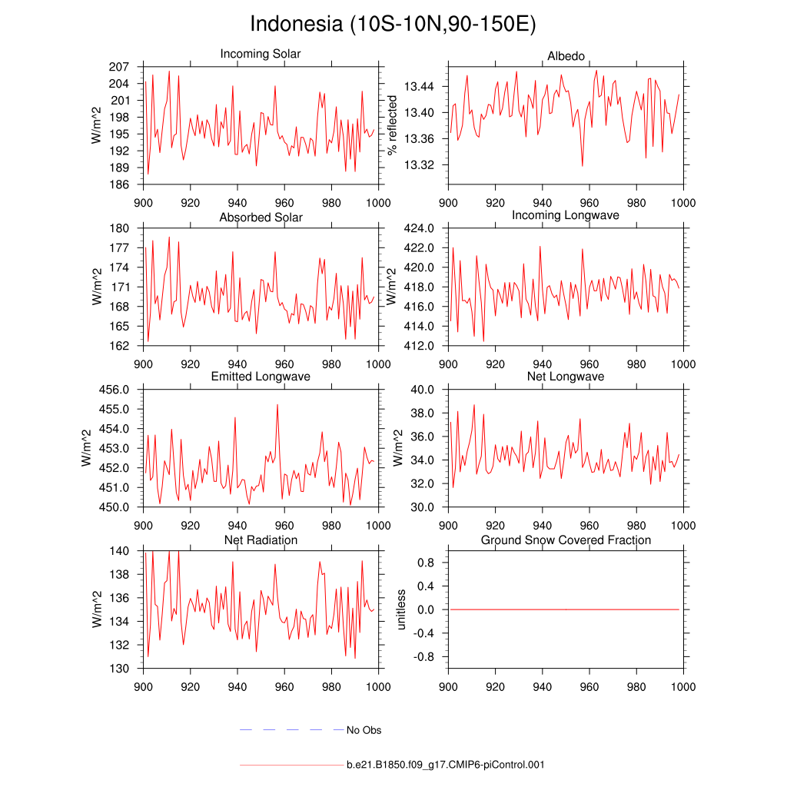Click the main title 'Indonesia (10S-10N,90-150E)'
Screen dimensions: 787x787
click(393, 24)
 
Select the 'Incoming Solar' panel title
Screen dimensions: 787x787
click(261, 55)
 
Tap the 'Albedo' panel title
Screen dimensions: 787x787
click(566, 56)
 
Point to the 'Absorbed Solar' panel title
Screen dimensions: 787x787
click(261, 218)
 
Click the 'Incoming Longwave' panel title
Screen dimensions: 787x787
click(566, 215)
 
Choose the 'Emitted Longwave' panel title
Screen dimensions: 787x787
click(261, 377)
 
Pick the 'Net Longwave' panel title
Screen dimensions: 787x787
click(566, 377)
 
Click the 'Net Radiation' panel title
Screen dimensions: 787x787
click(261, 540)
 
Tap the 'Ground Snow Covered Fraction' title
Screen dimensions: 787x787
click(566, 540)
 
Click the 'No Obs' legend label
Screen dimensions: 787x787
click(364, 730)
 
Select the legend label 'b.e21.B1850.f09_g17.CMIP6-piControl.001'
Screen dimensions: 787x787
click(446, 765)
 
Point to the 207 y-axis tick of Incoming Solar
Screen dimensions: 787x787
click(118, 67)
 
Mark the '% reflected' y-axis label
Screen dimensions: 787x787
click(393, 125)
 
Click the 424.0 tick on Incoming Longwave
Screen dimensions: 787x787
click(420, 228)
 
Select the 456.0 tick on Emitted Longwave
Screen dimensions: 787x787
click(115, 390)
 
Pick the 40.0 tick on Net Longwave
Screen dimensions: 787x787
click(423, 390)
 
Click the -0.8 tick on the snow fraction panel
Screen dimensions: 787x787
click(423, 657)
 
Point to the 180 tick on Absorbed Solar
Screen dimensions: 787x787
click(118, 228)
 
